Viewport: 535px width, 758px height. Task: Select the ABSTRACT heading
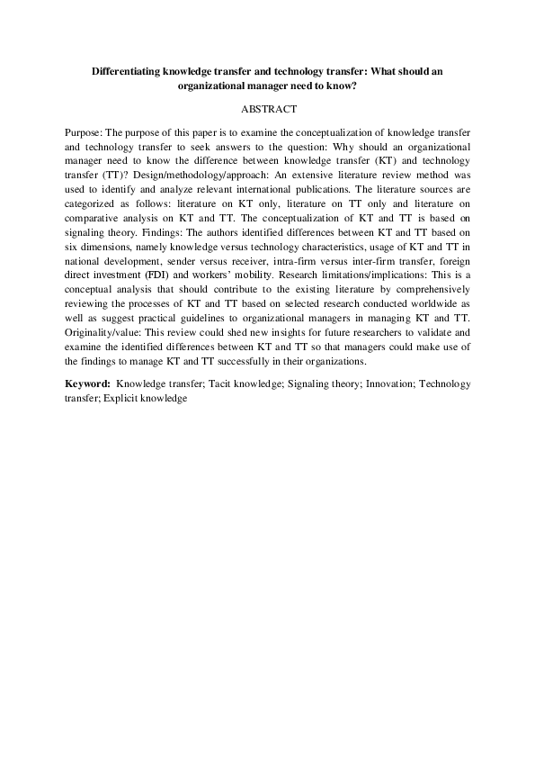coord(267,108)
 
